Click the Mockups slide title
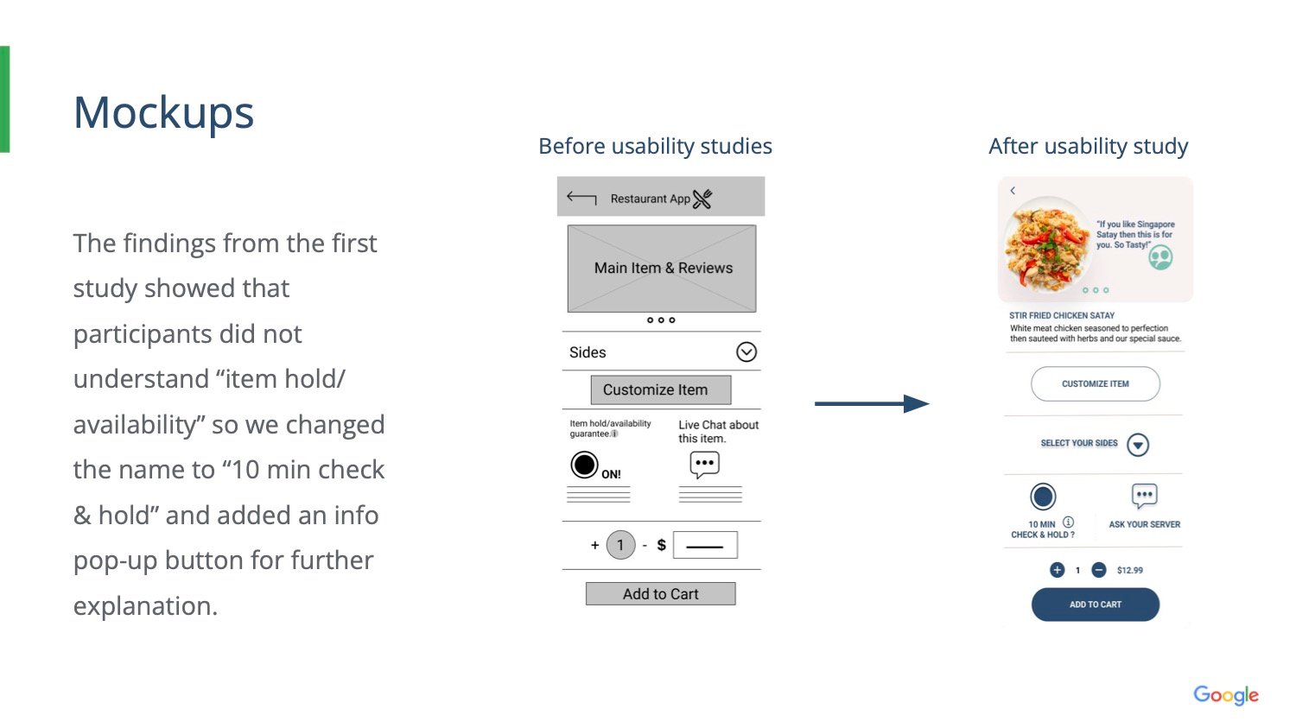tap(163, 113)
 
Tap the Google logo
tap(1225, 695)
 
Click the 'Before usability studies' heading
tap(655, 146)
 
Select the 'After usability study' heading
tap(1088, 146)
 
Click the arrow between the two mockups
tap(871, 403)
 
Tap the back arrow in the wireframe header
tap(581, 198)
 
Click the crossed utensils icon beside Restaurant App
tap(702, 199)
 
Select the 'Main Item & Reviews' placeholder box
tap(662, 269)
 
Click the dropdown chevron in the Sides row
tap(746, 352)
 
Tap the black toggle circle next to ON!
tap(584, 465)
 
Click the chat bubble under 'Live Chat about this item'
tap(704, 465)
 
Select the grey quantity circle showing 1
tap(620, 545)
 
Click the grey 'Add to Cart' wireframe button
tap(661, 594)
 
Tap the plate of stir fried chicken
tap(1046, 244)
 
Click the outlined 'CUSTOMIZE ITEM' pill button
tap(1095, 384)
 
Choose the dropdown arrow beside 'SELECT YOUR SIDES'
tap(1138, 445)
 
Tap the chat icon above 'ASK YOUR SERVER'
tap(1144, 496)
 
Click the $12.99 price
tap(1129, 570)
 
